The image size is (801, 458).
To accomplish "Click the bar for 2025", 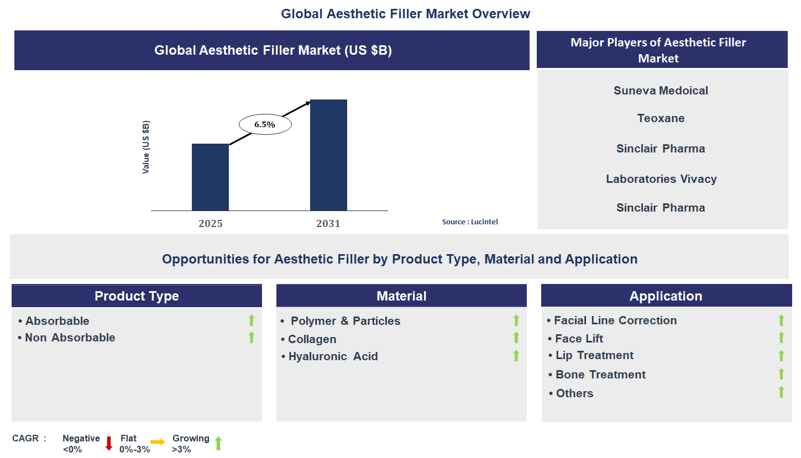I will point(210,177).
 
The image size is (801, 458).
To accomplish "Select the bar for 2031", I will point(328,155).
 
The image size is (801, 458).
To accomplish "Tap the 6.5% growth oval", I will point(265,125).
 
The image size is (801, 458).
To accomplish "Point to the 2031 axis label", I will point(328,224).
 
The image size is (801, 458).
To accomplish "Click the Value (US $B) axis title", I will point(146,148).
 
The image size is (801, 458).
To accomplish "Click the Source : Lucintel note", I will point(470,222).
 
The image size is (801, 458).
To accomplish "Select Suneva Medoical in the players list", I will point(661,91).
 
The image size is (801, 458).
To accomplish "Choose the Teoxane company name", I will point(661,118).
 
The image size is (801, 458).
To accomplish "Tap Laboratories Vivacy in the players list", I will point(661,179).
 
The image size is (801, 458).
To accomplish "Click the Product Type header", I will point(137,296).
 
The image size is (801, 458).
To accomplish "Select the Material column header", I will point(401,296).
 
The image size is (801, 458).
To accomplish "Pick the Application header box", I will point(666,296).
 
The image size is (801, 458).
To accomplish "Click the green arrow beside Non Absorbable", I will point(252,338).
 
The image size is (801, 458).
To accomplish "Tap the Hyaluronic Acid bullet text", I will point(333,356).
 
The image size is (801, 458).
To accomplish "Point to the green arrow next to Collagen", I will point(516,338).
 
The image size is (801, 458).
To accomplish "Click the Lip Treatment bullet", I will point(594,355).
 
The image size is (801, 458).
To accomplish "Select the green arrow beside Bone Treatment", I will point(781,374).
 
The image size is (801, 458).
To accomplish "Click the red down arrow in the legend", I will point(109,443).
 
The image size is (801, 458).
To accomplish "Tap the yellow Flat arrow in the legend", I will point(158,442).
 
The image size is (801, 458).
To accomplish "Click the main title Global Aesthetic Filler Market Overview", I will point(405,14).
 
